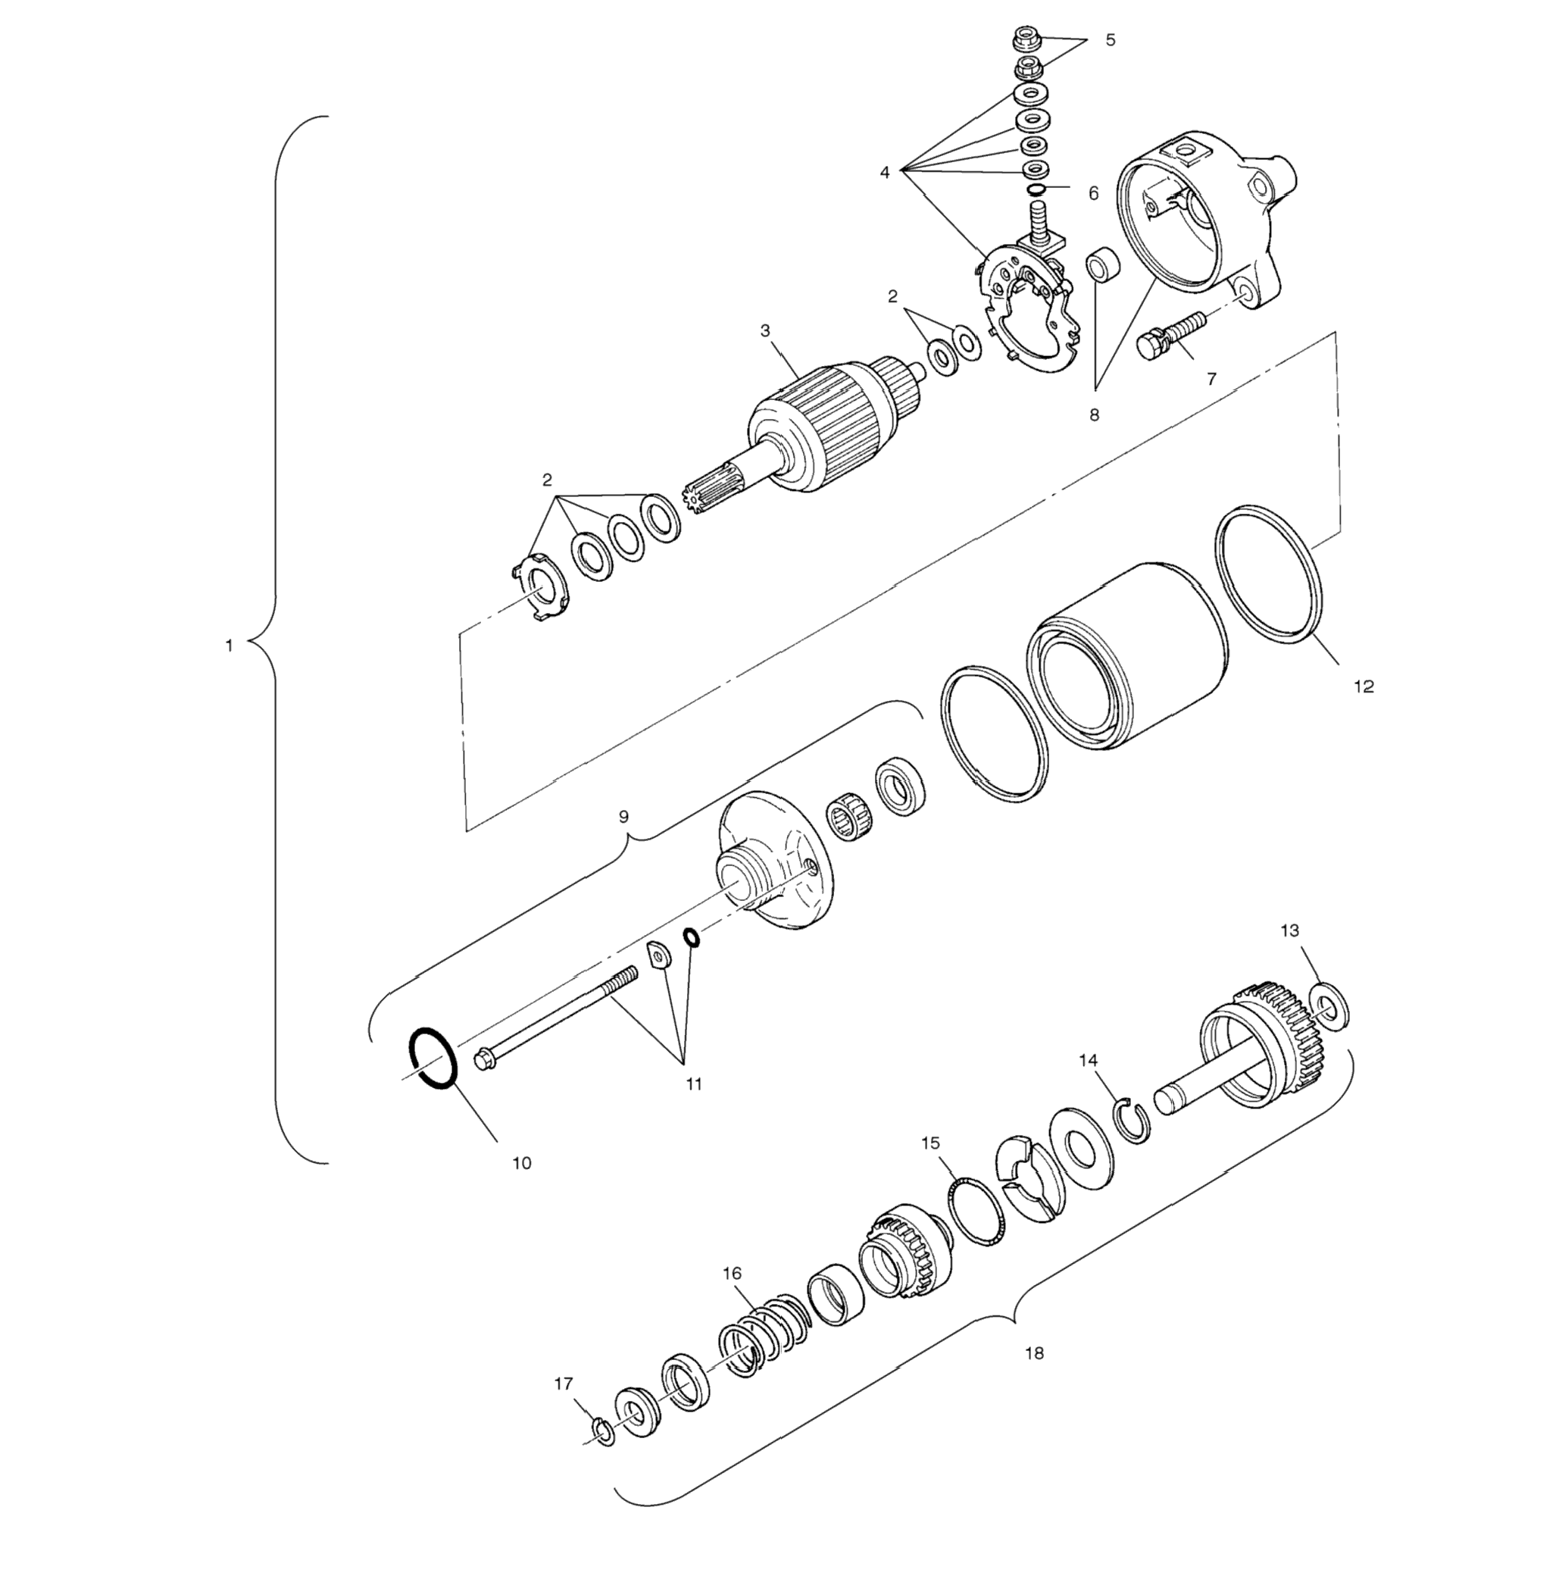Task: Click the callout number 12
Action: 1363,687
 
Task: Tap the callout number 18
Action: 1033,1353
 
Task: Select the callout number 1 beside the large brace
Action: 230,646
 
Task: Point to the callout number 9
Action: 624,817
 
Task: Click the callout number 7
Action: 1211,379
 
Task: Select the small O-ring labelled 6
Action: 1035,190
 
